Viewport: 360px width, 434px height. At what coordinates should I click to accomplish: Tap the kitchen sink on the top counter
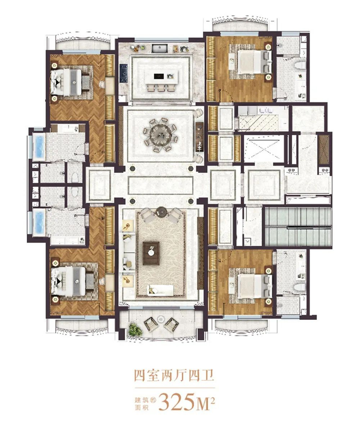[x=160, y=49]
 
